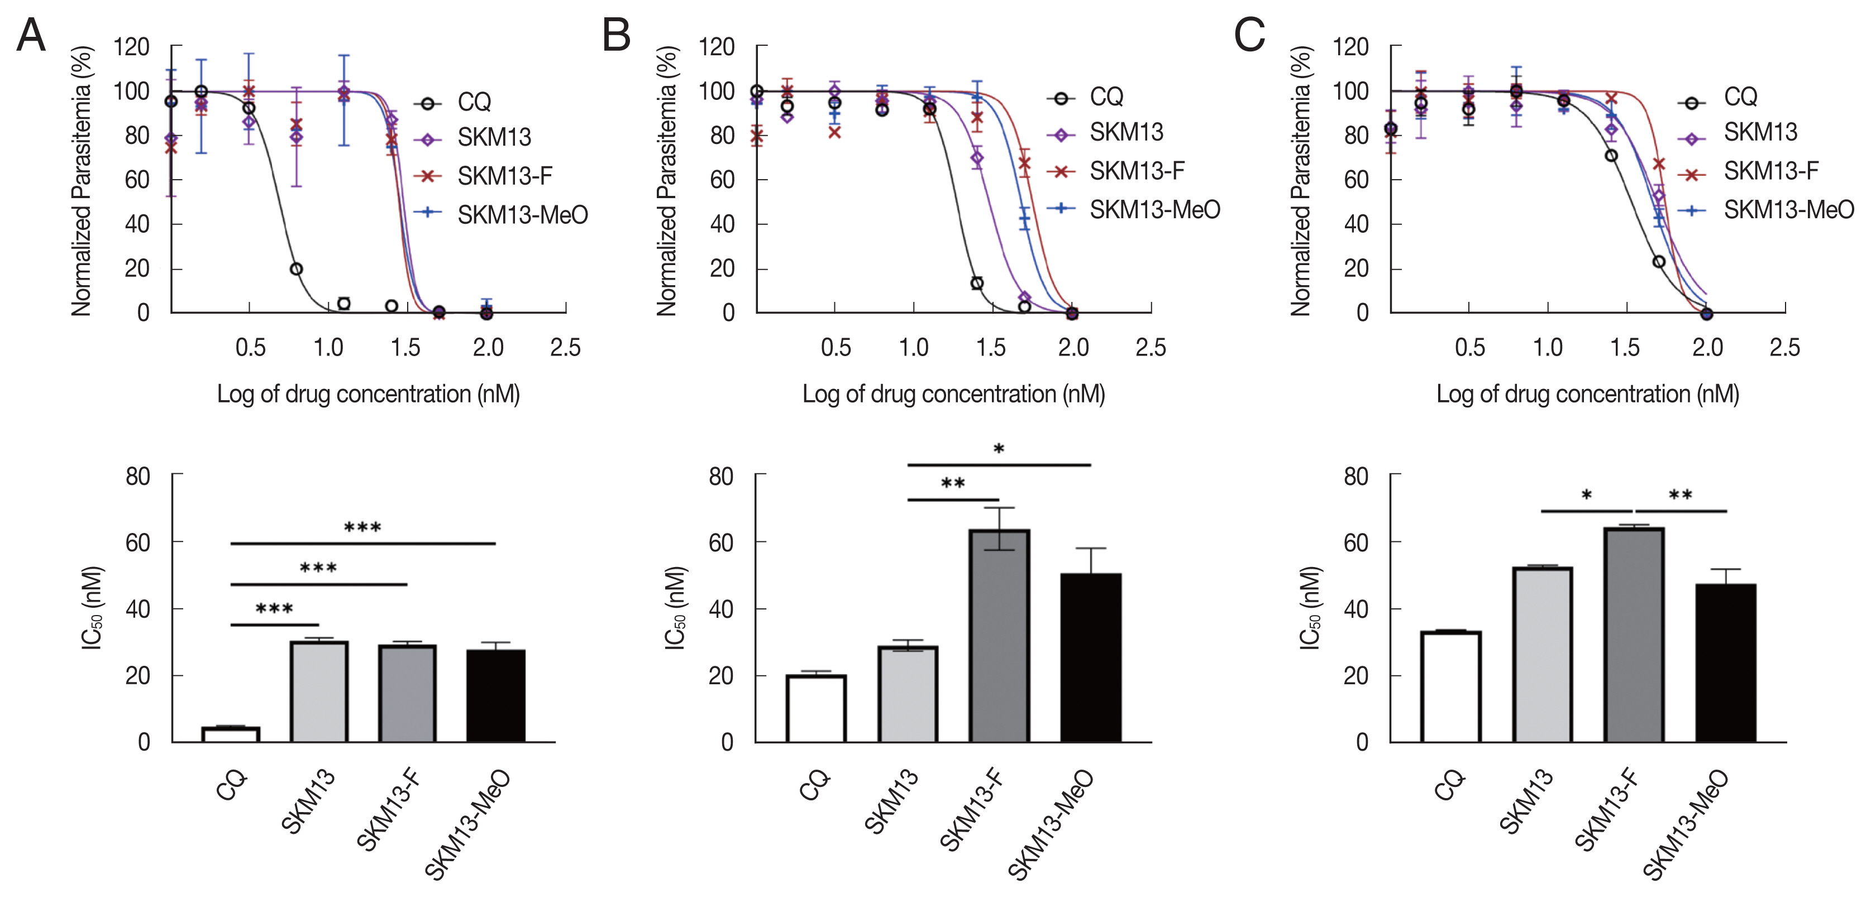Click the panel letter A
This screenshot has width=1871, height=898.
pos(31,35)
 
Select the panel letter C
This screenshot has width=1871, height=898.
pos(1249,35)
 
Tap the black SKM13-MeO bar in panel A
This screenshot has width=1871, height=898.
pos(496,695)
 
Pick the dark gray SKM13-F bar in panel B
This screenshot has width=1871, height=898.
pos(999,636)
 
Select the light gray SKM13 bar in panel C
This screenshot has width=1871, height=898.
pos(1543,654)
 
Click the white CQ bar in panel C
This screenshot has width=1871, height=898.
pos(1451,686)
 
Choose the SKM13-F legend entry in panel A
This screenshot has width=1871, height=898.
pos(504,176)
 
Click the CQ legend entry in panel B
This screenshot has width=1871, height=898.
pos(1105,97)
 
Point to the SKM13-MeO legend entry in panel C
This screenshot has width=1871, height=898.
pos(1788,210)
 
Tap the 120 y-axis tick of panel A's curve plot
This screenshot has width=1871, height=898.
pos(131,47)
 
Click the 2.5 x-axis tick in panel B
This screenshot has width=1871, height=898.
pos(1151,348)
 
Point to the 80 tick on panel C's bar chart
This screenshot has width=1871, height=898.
pos(1355,477)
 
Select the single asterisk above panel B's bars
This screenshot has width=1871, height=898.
pos(999,449)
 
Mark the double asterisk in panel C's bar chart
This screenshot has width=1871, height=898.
pos(1681,495)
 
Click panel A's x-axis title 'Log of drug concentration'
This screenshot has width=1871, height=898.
pos(368,394)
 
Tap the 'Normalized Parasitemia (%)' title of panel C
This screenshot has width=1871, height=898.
pos(1300,181)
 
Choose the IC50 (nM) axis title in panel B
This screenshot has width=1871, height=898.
pos(675,608)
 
